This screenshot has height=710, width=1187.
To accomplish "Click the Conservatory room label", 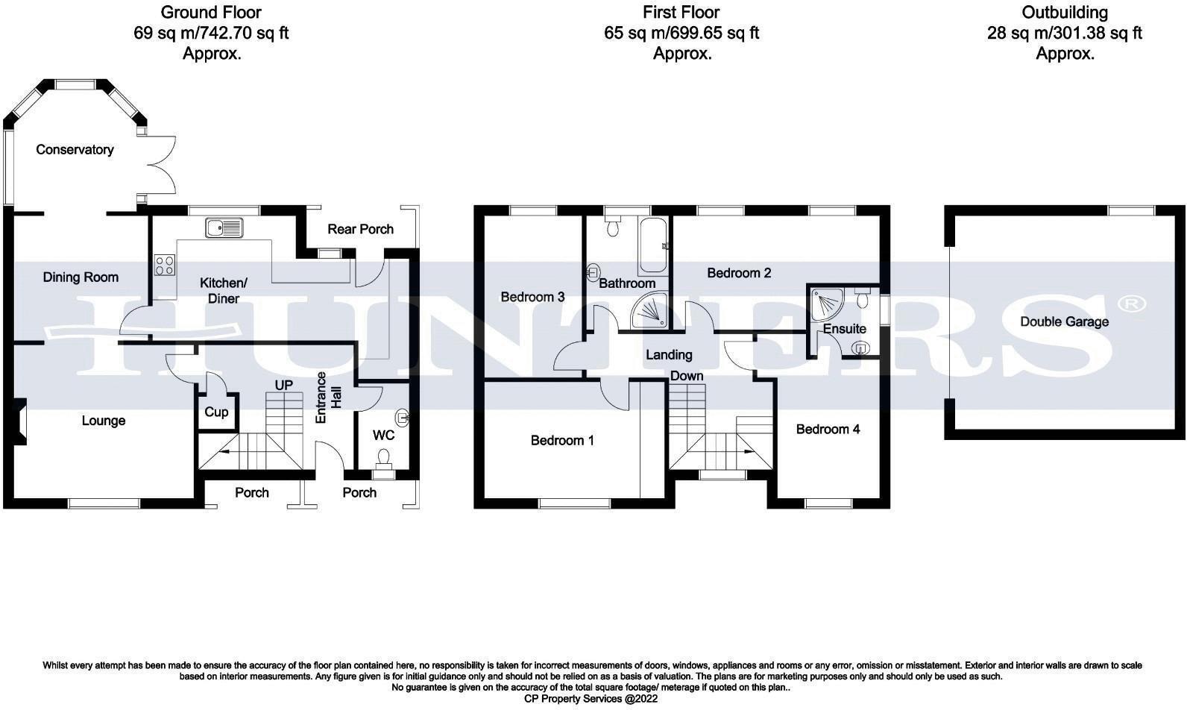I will tap(75, 150).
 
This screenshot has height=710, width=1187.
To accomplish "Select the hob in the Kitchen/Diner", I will tap(165, 265).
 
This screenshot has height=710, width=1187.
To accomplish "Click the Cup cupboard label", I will tap(216, 412).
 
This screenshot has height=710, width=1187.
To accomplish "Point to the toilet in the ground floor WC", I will tap(385, 457).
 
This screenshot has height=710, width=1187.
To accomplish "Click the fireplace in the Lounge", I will tap(19, 421).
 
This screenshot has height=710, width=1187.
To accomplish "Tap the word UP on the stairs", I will tap(284, 385).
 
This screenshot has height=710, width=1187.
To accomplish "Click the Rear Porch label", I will tap(361, 229).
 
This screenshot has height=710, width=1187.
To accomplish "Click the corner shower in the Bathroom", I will tap(650, 310).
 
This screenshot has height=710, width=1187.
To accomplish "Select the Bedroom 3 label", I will tap(532, 297).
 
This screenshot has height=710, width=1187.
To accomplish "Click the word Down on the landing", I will tap(686, 375).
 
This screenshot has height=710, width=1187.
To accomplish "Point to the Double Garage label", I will tap(1064, 322).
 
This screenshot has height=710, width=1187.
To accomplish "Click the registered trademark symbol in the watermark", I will tap(1132, 304).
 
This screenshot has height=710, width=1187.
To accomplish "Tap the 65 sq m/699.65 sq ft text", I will tap(681, 33).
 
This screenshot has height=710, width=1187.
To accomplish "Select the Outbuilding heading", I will tap(1064, 13).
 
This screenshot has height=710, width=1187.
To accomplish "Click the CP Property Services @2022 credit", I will tap(592, 699).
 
